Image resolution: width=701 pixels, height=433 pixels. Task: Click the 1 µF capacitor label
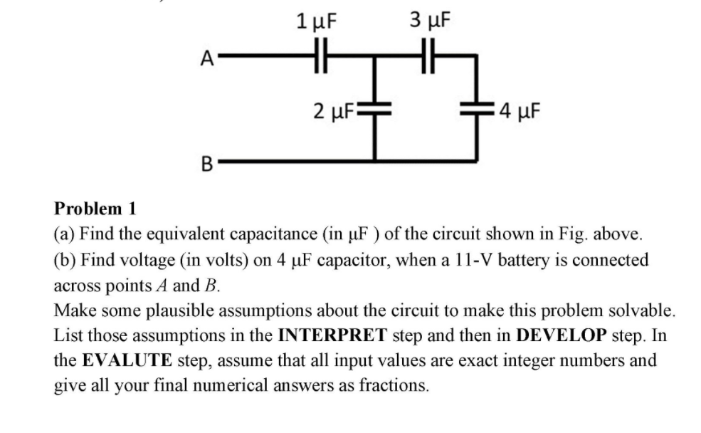pyautogui.click(x=315, y=21)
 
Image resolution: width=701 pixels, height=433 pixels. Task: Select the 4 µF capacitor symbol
pyautogui.click(x=475, y=110)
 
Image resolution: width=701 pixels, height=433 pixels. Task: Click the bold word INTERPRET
pyautogui.click(x=332, y=335)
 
